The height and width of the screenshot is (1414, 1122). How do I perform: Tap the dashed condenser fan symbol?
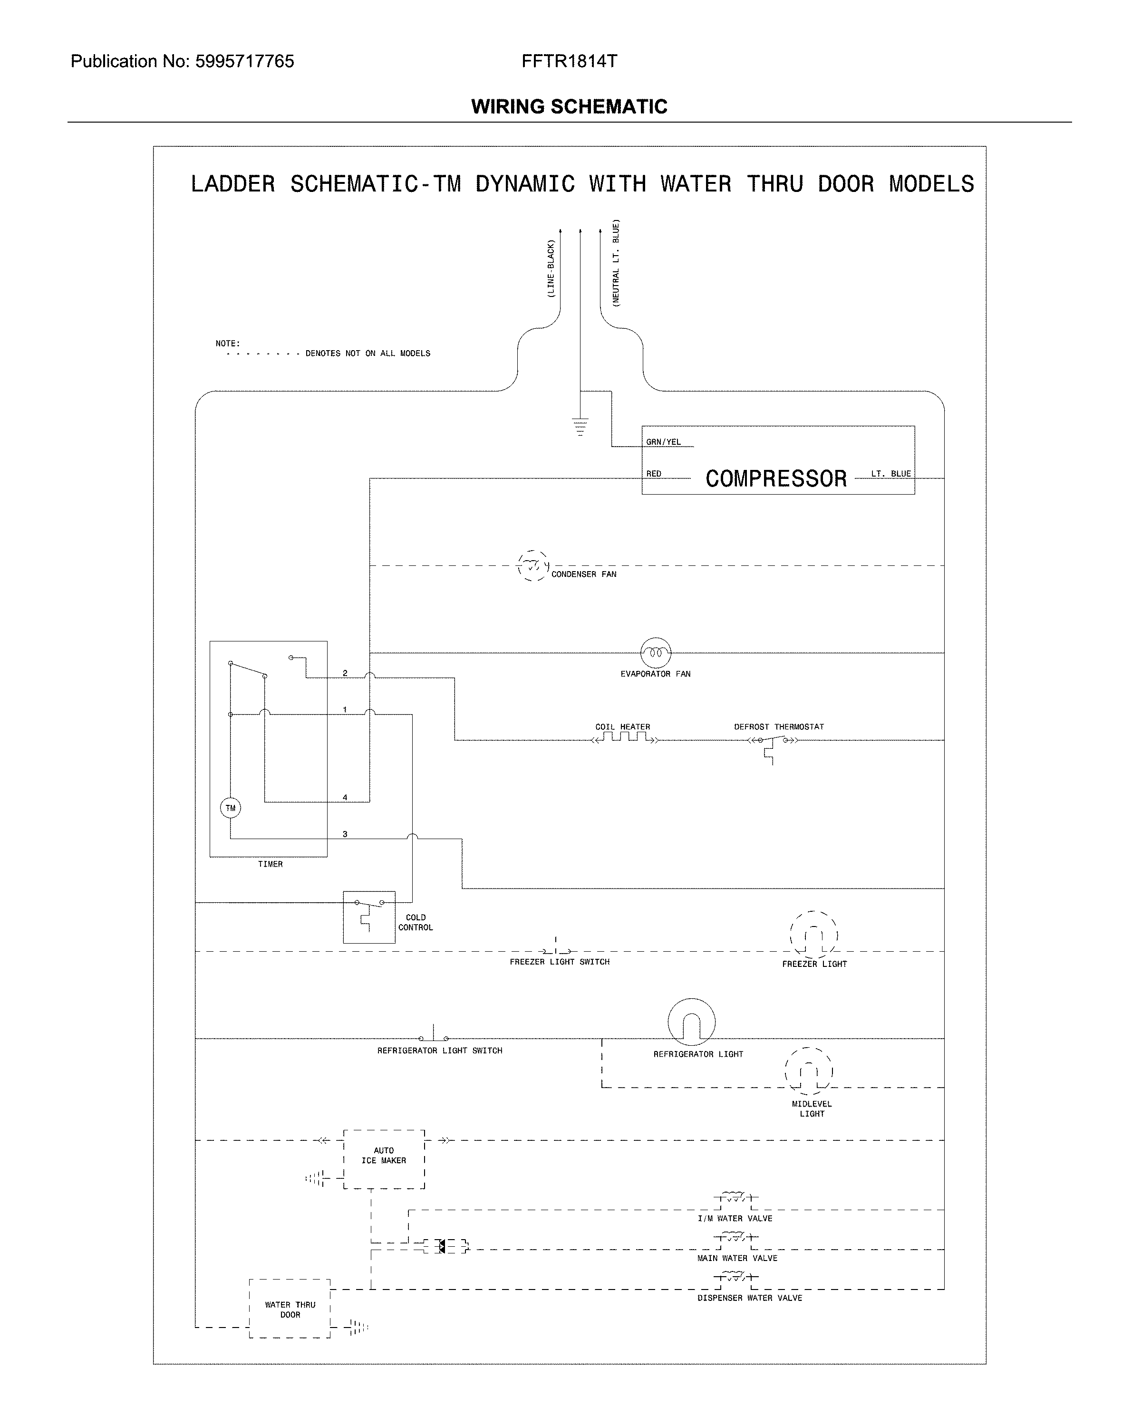pyautogui.click(x=532, y=565)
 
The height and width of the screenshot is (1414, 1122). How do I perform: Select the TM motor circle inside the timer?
pyautogui.click(x=230, y=808)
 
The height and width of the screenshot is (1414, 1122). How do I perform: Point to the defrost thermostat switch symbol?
pyautogui.click(x=772, y=741)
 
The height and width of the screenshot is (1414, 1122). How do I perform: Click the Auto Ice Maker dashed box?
pyautogui.click(x=384, y=1159)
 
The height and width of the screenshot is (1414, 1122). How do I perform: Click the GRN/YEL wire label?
pyautogui.click(x=663, y=442)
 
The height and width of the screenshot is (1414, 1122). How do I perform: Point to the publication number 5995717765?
pyautogui.click(x=245, y=62)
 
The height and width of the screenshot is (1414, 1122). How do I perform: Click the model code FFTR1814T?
pyautogui.click(x=569, y=62)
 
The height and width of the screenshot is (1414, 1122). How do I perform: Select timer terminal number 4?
pyautogui.click(x=345, y=797)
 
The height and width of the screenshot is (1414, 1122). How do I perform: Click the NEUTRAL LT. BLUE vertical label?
pyautogui.click(x=616, y=262)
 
